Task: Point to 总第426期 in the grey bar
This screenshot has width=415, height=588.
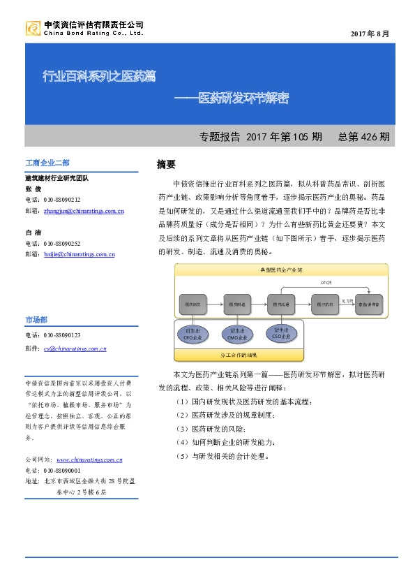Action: coord(363,136)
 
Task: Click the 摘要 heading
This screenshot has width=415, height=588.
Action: coord(166,165)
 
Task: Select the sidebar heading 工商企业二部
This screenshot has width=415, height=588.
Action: coord(47,163)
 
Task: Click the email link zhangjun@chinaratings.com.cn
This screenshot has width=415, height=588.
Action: coord(84,209)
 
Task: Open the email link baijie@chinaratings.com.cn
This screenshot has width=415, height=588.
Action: coord(79,254)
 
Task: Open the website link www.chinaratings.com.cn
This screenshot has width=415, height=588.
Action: coord(89,460)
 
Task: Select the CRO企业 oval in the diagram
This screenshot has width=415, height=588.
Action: coord(191,333)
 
